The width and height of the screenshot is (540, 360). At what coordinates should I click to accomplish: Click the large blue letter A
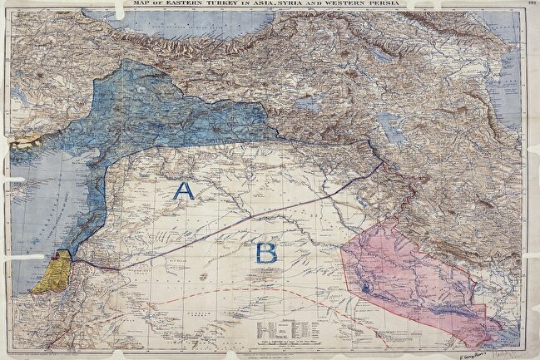pos(183,191)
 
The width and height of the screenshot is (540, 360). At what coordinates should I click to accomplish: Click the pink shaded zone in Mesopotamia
pos(408,274)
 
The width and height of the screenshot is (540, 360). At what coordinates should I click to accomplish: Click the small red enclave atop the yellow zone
pos(61,257)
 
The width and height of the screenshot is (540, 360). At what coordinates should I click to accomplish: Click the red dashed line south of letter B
pos(250,290)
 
